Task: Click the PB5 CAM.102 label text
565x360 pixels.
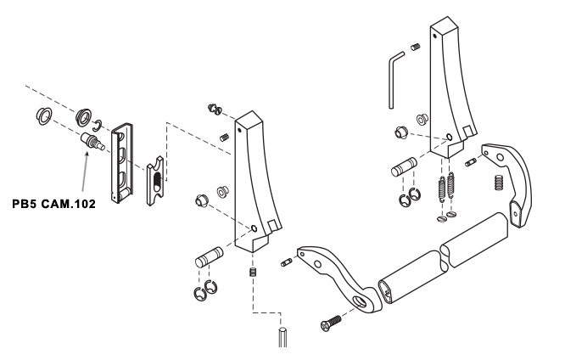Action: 54,204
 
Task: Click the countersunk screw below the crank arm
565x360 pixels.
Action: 331,323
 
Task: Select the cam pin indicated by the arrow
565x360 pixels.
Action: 92,142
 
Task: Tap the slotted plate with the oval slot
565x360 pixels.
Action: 155,180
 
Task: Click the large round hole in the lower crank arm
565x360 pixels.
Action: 359,301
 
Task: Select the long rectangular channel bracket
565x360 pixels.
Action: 122,163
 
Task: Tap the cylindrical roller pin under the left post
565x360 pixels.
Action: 210,256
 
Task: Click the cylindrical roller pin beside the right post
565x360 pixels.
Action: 404,167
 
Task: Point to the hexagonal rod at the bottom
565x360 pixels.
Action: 282,337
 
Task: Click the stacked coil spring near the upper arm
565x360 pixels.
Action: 498,183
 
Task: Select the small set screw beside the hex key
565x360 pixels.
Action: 416,47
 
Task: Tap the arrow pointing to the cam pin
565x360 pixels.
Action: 85,172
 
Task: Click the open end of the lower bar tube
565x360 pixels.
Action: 385,291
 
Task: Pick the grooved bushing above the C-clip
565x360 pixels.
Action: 84,116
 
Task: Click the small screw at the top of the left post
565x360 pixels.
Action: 215,110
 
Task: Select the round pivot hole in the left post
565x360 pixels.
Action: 254,228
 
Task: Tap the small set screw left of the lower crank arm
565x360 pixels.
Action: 287,262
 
